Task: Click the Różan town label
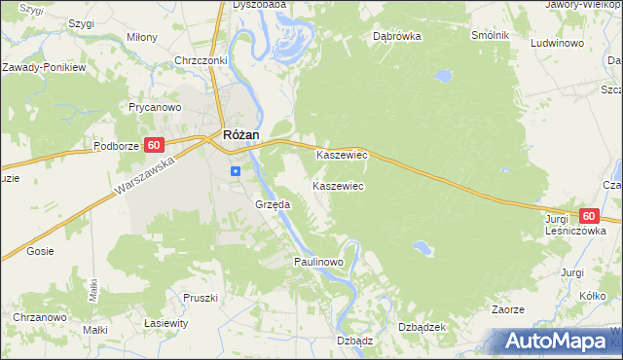pyautogui.click(x=239, y=137)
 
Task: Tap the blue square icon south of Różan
pyautogui.click(x=236, y=170)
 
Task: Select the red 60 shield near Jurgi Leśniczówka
pyautogui.click(x=588, y=216)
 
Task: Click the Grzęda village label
pyautogui.click(x=273, y=205)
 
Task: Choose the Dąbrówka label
pyautogui.click(x=396, y=37)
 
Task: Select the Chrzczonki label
pyautogui.click(x=201, y=60)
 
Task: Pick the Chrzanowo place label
pyautogui.click(x=39, y=318)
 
